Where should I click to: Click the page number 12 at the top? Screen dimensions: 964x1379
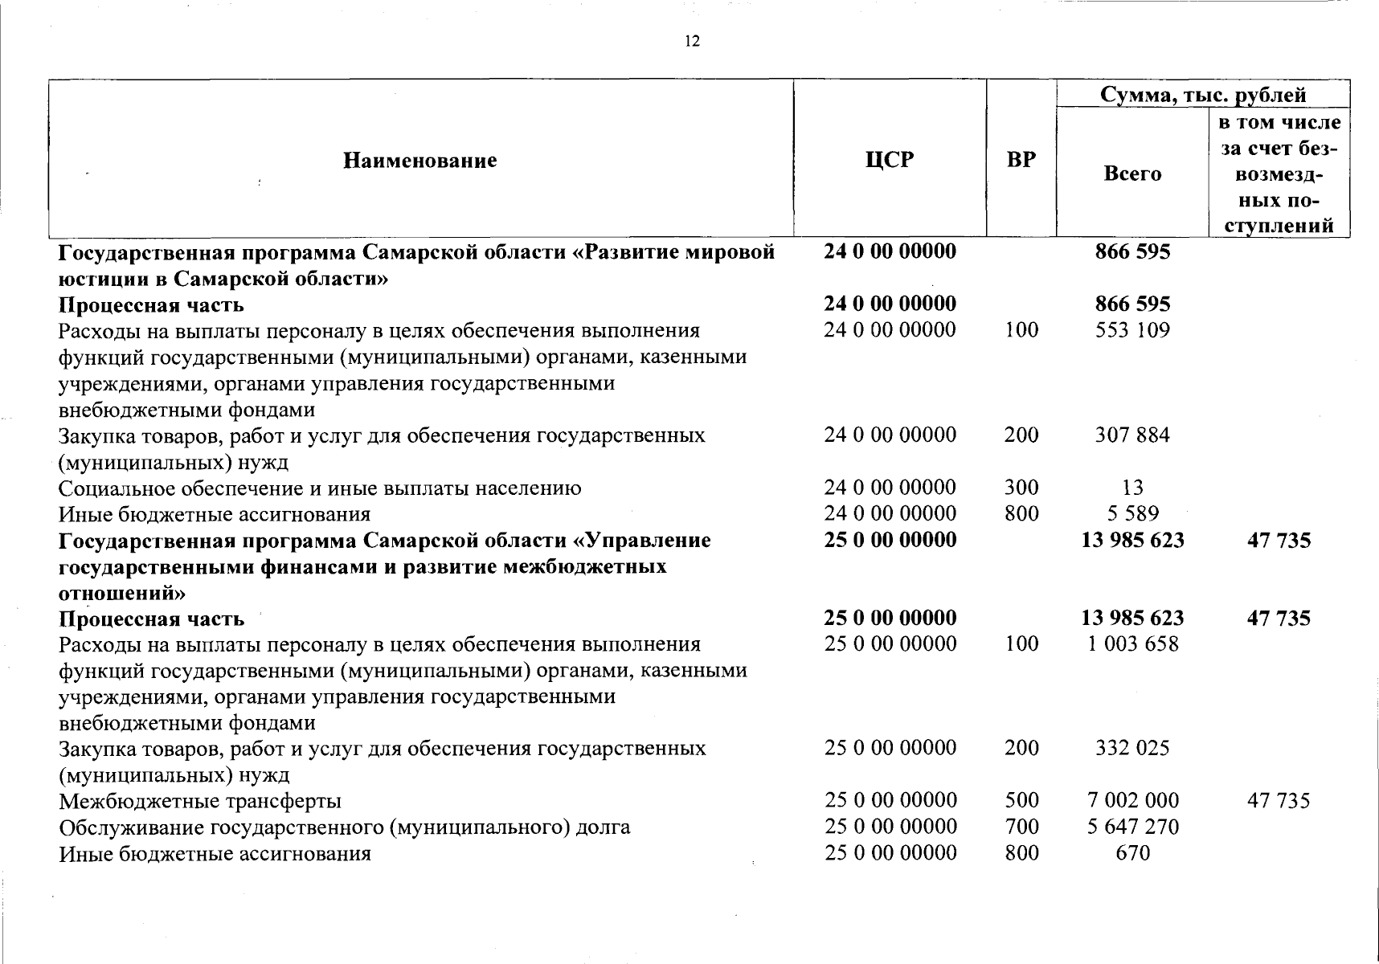coord(692,42)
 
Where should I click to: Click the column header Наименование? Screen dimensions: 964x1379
coord(420,161)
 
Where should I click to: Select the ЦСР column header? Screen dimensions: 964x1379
coord(890,160)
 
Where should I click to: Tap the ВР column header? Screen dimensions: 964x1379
coord(1021,160)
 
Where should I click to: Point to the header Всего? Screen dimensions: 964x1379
coord(1132,174)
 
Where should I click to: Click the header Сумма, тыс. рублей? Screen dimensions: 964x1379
coord(1202,95)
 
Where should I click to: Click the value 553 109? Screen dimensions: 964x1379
coord(1132,330)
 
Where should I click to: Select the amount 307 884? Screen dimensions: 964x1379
coord(1132,435)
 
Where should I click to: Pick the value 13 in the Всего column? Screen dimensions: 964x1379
coord(1133,488)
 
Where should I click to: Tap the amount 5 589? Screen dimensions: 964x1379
coord(1133,513)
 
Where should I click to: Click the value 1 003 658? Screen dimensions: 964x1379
coord(1133,643)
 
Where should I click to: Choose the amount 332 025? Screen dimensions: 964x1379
coord(1132,748)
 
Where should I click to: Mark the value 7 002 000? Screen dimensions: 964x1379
coord(1133,800)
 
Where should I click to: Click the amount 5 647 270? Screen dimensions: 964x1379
coord(1133,827)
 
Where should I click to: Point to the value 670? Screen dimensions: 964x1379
coord(1133,852)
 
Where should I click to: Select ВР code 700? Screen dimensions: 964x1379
coord(1021,827)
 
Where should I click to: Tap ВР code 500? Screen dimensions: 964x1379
coord(1021,800)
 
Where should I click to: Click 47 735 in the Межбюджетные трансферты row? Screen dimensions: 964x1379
coord(1278,800)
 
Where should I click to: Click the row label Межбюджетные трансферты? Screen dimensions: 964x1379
coord(200,801)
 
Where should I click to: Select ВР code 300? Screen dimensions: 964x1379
coord(1021,488)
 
